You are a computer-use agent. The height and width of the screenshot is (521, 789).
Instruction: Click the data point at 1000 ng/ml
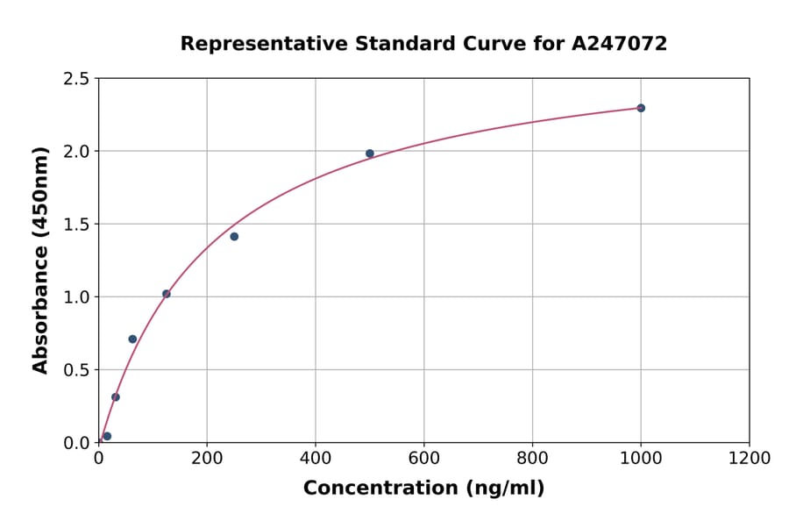pos(641,108)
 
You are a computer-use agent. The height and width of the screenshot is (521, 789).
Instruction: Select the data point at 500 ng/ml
pos(370,153)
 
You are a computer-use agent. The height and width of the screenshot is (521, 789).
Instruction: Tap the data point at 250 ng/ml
pos(234,237)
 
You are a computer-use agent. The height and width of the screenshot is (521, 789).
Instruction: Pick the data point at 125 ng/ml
pos(167,294)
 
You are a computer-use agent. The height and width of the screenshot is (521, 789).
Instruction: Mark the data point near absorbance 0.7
pos(132,339)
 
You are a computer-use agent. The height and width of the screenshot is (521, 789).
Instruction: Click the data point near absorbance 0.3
pos(116,397)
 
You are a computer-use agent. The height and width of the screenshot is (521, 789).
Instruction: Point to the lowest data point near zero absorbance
pos(107,436)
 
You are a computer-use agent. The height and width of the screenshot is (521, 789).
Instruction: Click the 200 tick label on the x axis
pos(207,459)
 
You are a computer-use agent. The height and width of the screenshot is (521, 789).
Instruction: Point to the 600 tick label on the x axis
pos(423,459)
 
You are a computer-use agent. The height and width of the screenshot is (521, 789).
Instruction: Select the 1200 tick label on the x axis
pos(750,459)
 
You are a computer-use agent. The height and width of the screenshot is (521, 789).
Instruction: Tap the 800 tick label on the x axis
pos(532,459)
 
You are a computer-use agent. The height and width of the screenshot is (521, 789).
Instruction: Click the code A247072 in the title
pos(620,44)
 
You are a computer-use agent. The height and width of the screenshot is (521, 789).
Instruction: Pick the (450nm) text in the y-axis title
pos(40,193)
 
